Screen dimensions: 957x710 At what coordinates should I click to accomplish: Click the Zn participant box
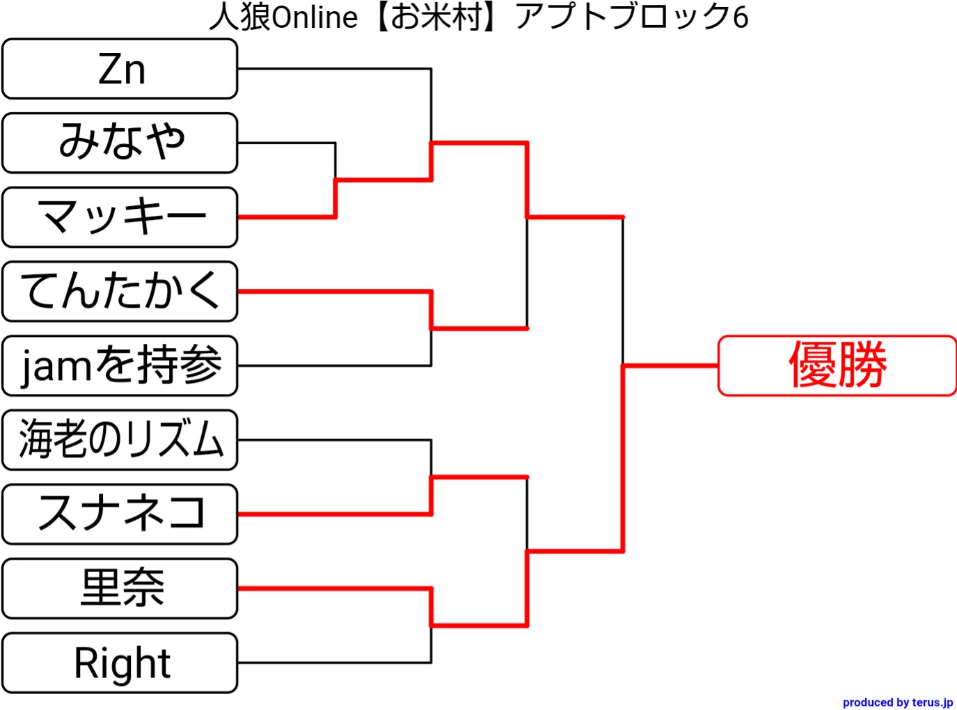pyautogui.click(x=120, y=69)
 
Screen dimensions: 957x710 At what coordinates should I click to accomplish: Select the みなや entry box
pyautogui.click(x=120, y=143)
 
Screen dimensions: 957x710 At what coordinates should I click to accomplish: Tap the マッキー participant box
pyautogui.click(x=120, y=217)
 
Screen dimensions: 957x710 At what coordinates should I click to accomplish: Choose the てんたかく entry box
pyautogui.click(x=120, y=292)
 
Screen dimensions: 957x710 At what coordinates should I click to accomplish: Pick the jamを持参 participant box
pyautogui.click(x=120, y=365)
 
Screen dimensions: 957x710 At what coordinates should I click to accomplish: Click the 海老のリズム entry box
pyautogui.click(x=120, y=440)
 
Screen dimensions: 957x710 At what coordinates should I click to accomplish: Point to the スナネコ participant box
pyautogui.click(x=120, y=514)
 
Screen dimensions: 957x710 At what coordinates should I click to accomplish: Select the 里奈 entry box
pyautogui.click(x=120, y=588)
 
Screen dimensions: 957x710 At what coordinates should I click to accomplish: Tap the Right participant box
pyautogui.click(x=120, y=663)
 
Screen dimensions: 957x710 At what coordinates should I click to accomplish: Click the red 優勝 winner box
pyautogui.click(x=837, y=365)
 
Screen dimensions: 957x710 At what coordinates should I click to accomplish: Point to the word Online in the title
pyautogui.click(x=314, y=17)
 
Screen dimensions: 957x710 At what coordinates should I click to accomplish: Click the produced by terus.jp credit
pyautogui.click(x=897, y=702)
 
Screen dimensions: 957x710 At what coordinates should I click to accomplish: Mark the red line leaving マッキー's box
pyautogui.click(x=285, y=217)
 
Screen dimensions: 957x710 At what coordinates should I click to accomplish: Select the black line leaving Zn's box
pyautogui.click(x=334, y=69)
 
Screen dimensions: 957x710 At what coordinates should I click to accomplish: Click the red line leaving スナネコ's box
pyautogui.click(x=334, y=514)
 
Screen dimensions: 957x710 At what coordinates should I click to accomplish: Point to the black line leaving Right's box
pyautogui.click(x=334, y=663)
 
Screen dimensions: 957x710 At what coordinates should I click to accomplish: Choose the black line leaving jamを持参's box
pyautogui.click(x=334, y=365)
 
